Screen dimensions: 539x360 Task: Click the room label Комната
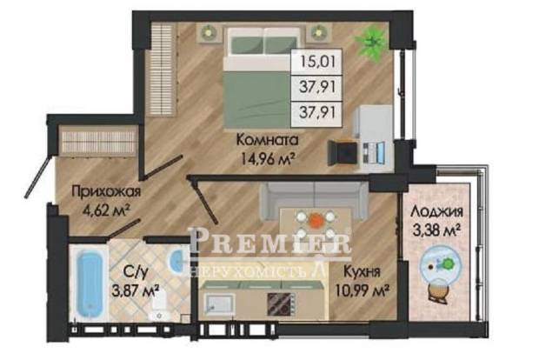268,140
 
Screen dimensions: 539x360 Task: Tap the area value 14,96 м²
268,158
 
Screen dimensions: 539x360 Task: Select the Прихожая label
106,192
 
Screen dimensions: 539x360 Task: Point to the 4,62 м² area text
105,210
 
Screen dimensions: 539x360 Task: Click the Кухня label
362,272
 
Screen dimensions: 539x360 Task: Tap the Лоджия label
436,211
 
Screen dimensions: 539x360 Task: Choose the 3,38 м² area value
436,230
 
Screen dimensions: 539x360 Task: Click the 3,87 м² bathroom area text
135,291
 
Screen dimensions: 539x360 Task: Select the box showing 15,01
316,63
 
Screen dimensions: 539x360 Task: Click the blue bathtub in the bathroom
89,283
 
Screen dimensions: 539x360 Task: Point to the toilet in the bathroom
158,306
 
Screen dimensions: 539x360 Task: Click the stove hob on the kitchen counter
281,303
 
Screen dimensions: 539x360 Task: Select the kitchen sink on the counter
218,305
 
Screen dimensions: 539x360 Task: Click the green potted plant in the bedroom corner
371,41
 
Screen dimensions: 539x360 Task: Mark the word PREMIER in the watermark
270,241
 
